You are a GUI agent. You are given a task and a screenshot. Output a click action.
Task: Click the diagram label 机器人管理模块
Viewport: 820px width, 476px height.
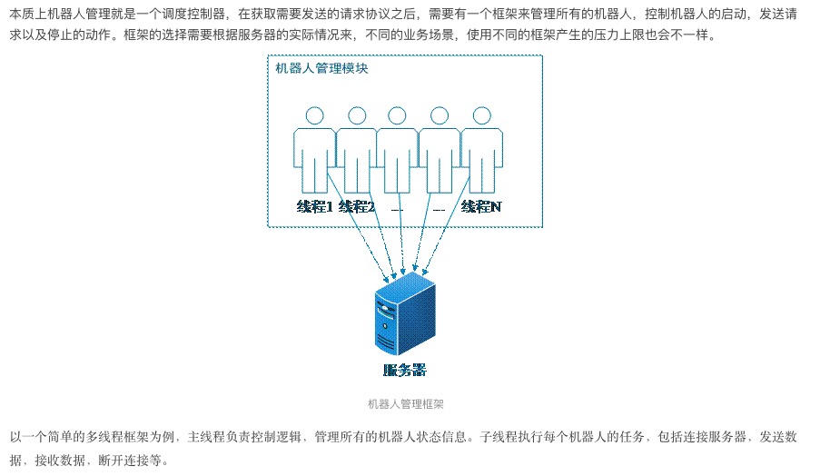point(321,68)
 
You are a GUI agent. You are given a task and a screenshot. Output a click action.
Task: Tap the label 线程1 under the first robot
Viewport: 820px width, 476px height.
point(315,206)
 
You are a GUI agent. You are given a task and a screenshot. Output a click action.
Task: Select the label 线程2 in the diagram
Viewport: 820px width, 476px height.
point(357,206)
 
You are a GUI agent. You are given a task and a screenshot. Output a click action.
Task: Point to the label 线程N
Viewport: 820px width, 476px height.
point(481,206)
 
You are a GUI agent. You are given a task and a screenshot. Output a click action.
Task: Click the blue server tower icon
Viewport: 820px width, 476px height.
point(405,313)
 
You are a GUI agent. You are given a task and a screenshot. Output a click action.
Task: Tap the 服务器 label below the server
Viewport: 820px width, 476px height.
point(405,371)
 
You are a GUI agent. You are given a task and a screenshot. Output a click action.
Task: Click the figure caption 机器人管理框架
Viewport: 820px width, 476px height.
point(406,404)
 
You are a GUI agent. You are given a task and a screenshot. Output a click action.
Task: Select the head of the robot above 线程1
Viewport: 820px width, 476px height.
point(315,115)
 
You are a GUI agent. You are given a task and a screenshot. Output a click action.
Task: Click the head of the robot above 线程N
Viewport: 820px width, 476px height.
point(481,115)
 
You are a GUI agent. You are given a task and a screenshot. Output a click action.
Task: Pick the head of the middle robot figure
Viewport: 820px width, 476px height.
point(397,115)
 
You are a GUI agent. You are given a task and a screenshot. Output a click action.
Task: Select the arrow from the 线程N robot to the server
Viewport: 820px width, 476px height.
point(446,226)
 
